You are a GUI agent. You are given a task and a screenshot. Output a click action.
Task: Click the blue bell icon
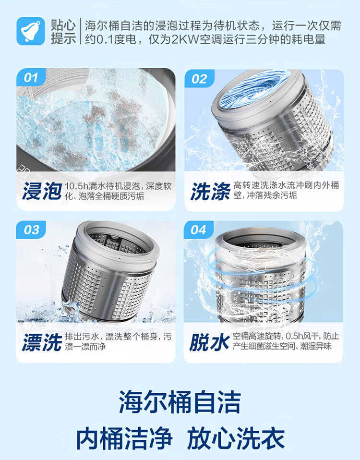point(31,31)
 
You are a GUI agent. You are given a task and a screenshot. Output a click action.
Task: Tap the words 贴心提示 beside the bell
point(63,32)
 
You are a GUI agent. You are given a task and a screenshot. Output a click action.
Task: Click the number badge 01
point(31,78)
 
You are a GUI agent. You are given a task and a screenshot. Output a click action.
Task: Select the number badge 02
point(199,79)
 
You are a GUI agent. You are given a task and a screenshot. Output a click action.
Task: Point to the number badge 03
point(31,230)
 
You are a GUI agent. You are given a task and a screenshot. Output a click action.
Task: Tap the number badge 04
point(198,230)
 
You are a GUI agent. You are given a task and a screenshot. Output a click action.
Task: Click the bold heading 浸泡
point(42,191)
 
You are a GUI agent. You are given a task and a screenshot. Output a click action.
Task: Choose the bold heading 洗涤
point(211,191)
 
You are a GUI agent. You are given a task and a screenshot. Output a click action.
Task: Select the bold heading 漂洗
point(42,342)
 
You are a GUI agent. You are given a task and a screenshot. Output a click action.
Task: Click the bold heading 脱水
point(209,342)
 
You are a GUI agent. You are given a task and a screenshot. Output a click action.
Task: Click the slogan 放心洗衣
point(236,438)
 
